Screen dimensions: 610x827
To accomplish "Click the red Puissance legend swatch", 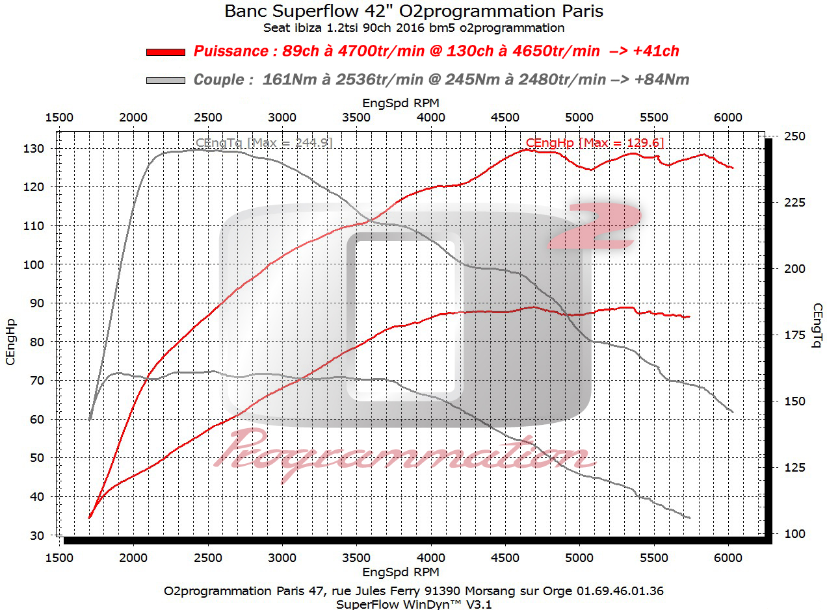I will point(166,52).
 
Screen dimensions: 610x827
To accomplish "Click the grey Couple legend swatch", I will point(166,80).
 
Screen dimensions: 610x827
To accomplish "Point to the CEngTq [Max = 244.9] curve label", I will point(264,142).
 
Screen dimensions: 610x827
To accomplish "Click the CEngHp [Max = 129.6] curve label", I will point(594,142).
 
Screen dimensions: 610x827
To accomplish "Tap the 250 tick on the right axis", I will point(793,136).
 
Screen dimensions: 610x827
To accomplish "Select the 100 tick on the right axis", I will point(793,533).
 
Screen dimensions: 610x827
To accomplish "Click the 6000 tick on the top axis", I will point(728,117).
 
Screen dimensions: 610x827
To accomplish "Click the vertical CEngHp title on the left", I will point(11,342).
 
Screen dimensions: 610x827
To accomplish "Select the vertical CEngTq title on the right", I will point(816,325).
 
